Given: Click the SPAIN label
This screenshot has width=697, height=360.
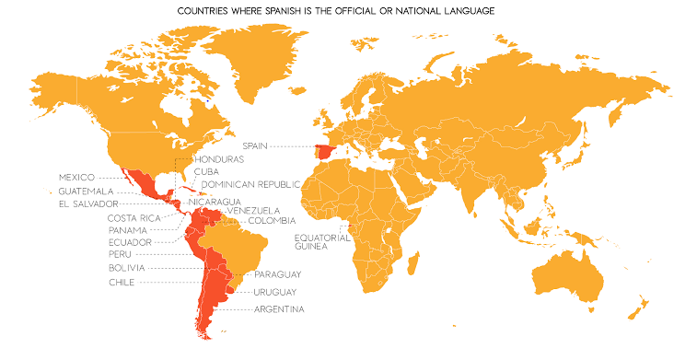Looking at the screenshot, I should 257,145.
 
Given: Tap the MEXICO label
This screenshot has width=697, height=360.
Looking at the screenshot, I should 77,177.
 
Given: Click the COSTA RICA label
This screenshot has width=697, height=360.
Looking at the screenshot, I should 134,217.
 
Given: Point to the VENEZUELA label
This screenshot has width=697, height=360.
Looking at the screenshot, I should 253,210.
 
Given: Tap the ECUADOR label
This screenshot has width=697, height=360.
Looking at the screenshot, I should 130,241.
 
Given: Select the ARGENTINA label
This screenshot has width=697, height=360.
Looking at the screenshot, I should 279,308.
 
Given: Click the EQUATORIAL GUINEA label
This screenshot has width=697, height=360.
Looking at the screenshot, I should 319,241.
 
